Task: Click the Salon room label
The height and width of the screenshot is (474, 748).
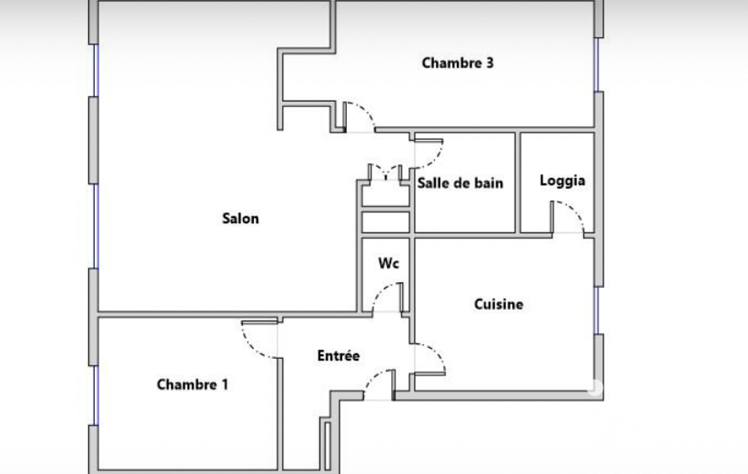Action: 240,218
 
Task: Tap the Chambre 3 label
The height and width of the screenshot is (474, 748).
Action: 458,63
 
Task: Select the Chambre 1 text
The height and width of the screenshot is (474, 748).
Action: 192,384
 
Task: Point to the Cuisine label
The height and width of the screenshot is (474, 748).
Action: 498,304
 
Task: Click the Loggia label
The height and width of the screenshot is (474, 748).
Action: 563,181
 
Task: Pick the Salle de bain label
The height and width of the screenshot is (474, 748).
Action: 460,183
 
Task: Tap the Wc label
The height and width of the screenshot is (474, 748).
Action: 388,263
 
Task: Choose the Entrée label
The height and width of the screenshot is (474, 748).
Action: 338,355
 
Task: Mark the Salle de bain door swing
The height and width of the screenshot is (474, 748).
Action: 435,158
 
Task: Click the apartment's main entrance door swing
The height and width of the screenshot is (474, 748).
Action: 373,377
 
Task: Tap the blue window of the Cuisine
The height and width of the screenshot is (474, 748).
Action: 596,311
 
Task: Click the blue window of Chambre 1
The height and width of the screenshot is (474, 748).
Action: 96,395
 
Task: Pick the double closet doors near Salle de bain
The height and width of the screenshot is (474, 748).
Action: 385,171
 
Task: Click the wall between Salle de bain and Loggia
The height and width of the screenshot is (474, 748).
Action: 517,183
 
